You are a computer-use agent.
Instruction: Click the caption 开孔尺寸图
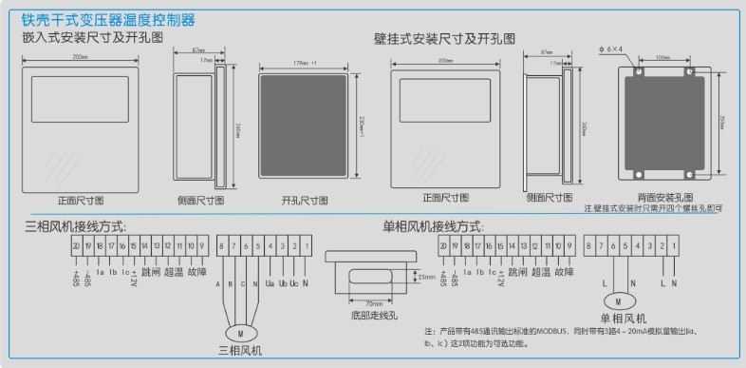point(304,201)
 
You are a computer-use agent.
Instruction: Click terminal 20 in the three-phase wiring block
point(75,246)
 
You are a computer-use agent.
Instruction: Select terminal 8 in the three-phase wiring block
point(222,246)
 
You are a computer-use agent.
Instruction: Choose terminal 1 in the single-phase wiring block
point(674,246)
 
